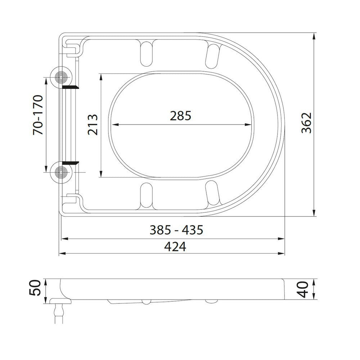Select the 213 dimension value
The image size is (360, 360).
point(93,124)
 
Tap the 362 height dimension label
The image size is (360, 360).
point(306,123)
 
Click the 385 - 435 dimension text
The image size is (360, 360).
point(176,230)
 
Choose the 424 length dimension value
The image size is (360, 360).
point(175,247)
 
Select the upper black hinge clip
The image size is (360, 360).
point(70,87)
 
